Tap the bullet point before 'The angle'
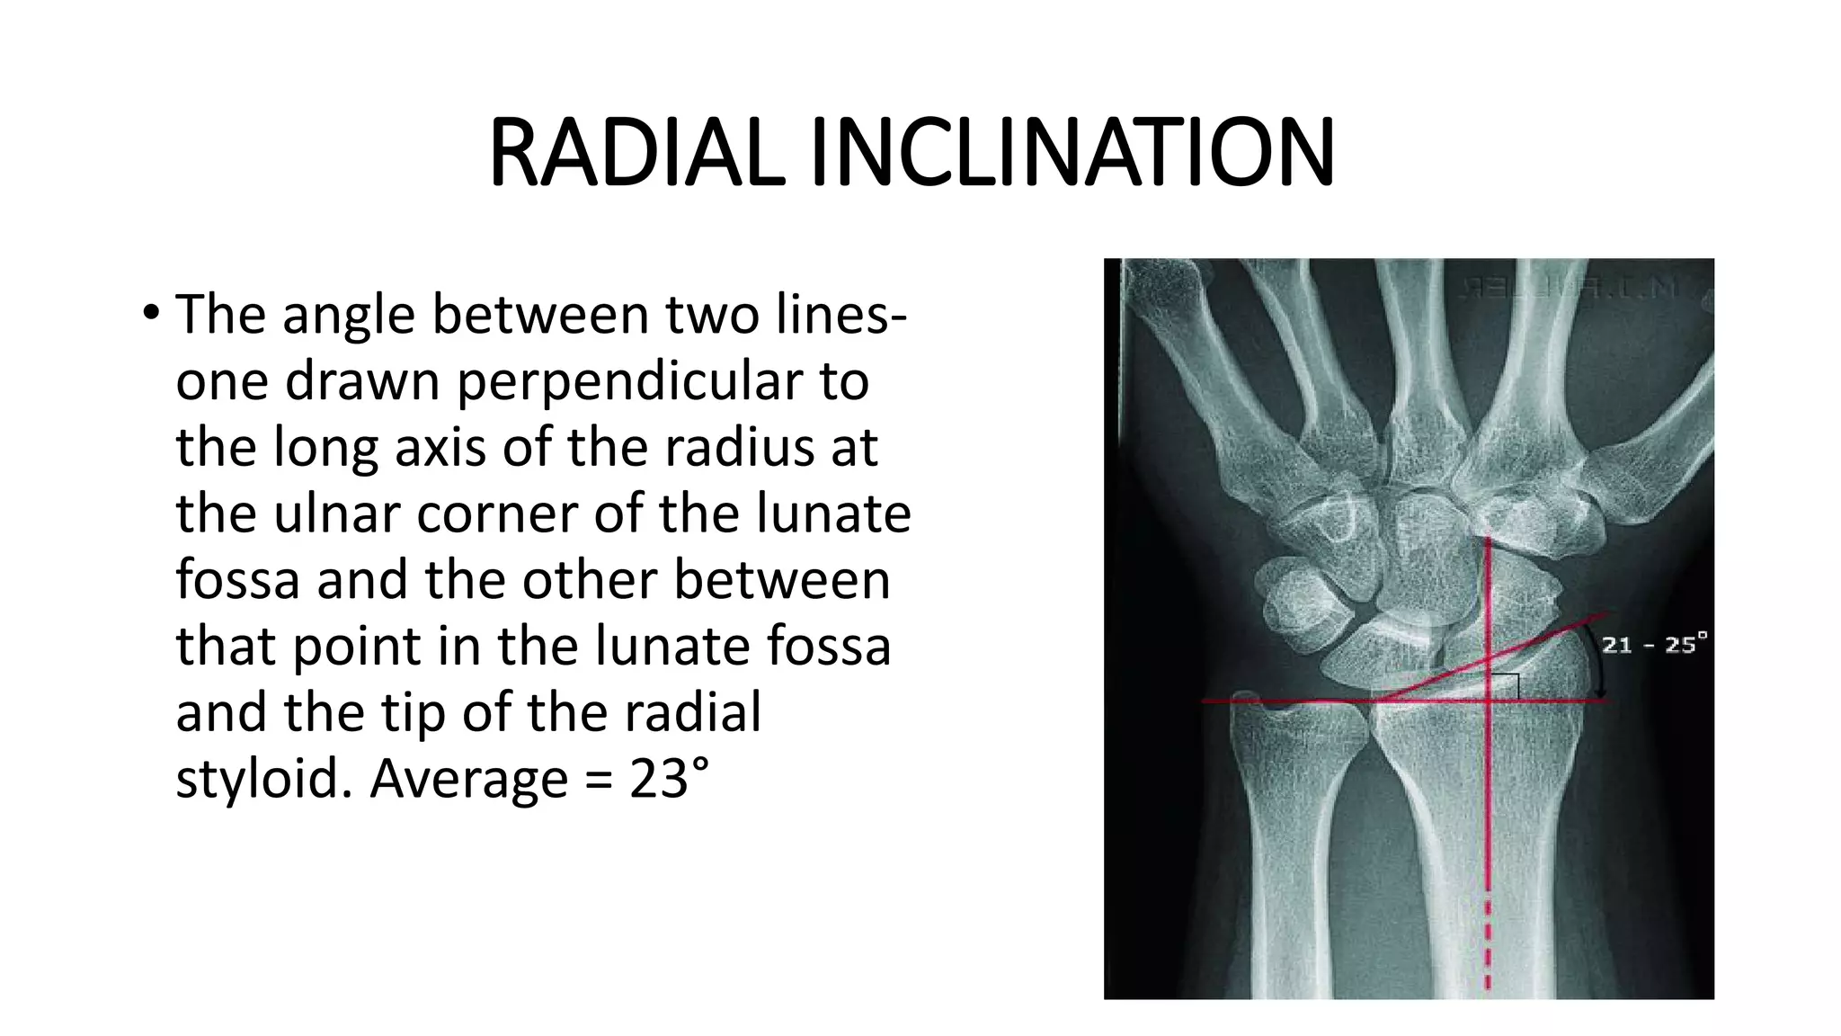click(150, 314)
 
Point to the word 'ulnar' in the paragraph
click(338, 514)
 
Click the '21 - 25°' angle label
click(1655, 644)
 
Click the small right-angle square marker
click(1506, 687)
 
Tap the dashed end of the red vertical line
click(1488, 944)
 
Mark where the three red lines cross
click(1489, 701)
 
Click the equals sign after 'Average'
click(598, 779)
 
